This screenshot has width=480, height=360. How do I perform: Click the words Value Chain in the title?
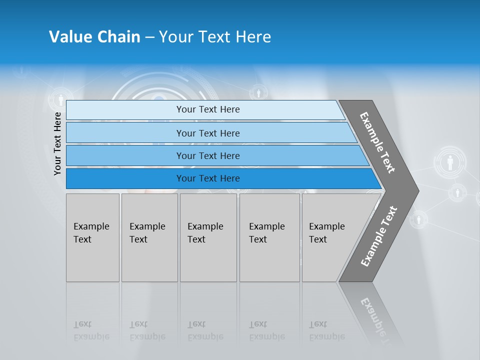pos(94,37)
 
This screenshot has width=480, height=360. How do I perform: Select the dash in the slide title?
pos(149,37)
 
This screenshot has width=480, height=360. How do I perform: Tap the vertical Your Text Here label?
pos(57,143)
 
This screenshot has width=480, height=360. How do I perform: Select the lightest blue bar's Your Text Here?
pos(208,109)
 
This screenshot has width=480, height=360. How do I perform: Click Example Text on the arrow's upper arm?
pos(377,142)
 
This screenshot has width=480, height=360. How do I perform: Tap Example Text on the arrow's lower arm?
pos(379,236)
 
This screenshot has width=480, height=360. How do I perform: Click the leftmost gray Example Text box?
pos(92,237)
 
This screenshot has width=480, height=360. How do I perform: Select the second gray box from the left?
pos(149,237)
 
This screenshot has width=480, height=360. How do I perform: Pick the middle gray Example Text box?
pos(208,237)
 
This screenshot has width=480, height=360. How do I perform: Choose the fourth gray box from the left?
pos(269,237)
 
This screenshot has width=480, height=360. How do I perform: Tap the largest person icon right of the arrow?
pos(450,162)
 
